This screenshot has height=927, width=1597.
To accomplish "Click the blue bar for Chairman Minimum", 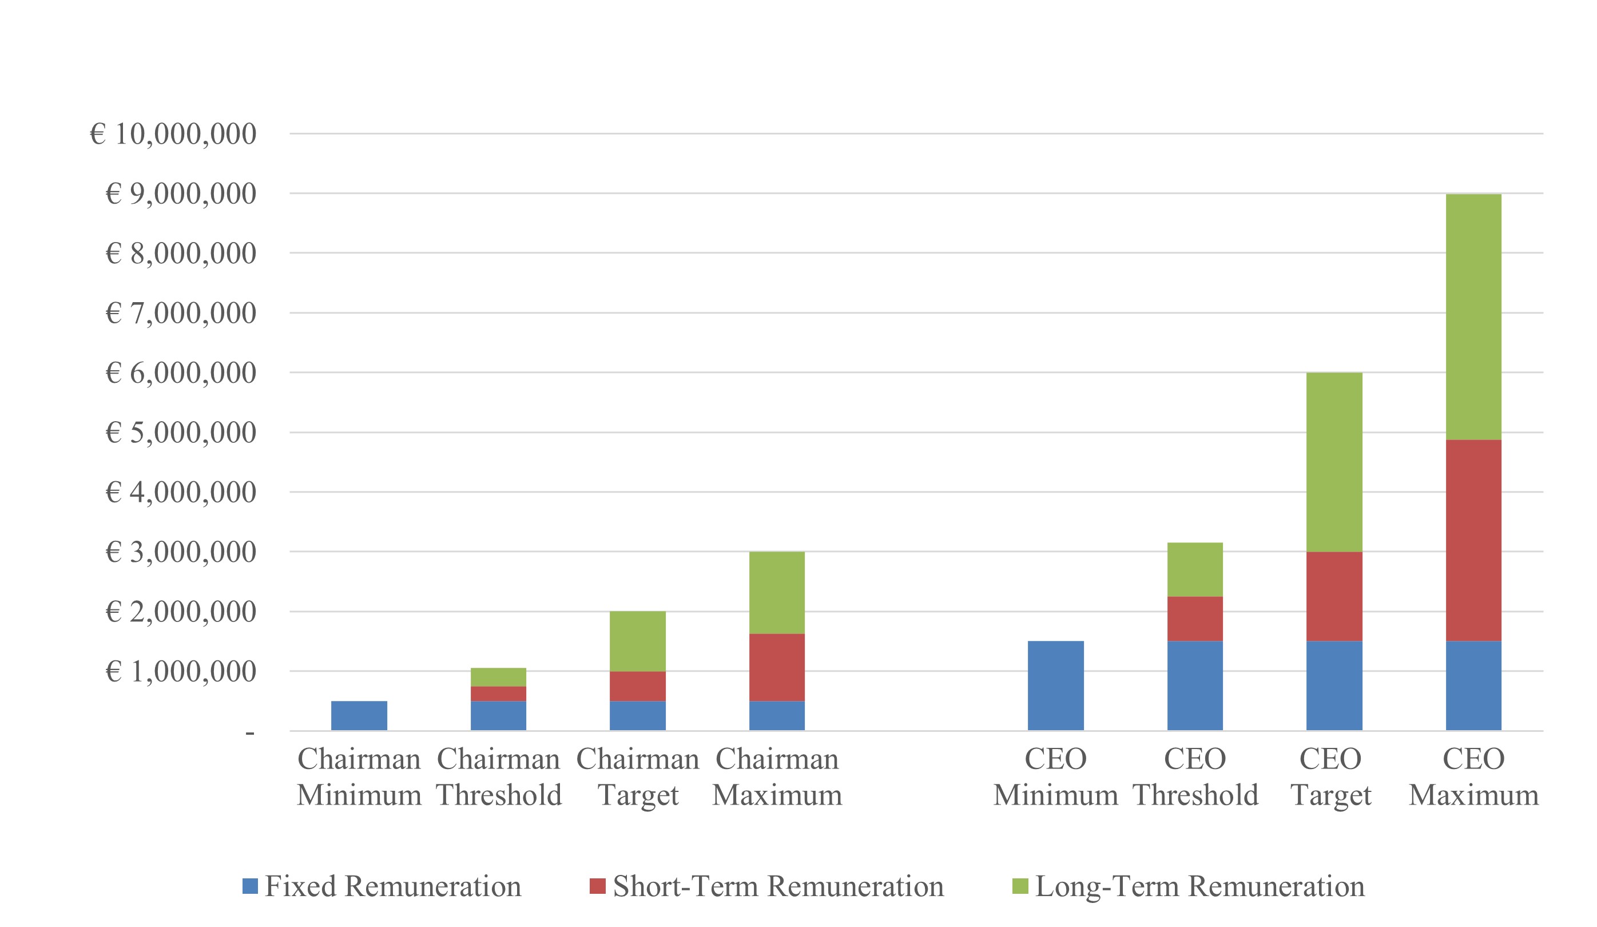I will tap(359, 715).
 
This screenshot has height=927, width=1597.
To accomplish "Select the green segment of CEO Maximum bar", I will tap(1473, 316).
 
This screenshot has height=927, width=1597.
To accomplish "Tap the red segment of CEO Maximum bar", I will tap(1473, 540).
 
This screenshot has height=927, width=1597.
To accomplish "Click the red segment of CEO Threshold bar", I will tap(1194, 618).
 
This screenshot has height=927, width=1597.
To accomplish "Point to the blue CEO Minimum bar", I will tap(1055, 686).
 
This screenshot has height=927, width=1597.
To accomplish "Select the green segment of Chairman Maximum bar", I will tap(776, 592).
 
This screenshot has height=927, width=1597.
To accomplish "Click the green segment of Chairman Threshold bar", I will tap(498, 676).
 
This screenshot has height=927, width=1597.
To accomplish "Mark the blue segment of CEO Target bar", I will tap(1333, 686).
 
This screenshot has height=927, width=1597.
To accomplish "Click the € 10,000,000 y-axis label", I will tap(172, 134).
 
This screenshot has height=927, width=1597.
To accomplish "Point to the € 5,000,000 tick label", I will tap(180, 433).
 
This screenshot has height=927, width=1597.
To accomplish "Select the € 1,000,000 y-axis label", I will tap(180, 671).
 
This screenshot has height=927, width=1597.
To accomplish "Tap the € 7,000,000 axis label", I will tap(180, 312).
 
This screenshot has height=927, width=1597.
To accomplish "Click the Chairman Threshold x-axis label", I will tap(499, 777).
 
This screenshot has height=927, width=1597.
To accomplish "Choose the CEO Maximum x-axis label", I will tap(1473, 777).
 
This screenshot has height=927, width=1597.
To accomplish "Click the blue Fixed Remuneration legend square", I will tap(250, 886).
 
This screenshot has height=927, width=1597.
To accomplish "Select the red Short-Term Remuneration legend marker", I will tap(597, 886).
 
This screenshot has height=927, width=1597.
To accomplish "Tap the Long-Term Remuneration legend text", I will tap(1199, 886).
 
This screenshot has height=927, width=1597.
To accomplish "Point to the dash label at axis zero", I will tap(250, 734).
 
